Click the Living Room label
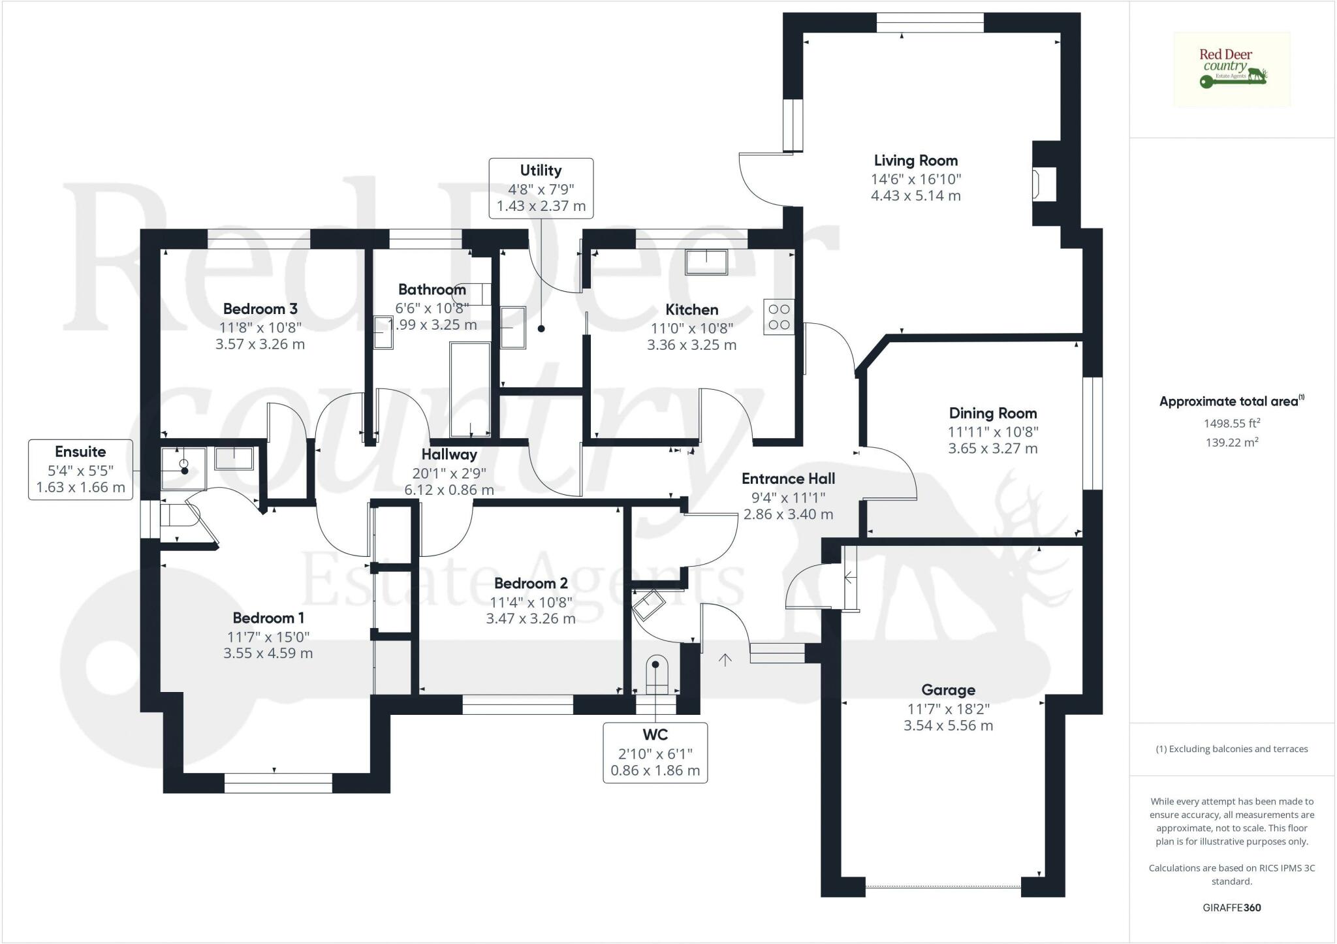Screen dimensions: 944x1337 [915, 161]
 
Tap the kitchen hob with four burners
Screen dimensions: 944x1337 [779, 317]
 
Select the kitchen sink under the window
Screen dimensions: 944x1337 [706, 262]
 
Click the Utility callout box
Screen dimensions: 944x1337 [541, 188]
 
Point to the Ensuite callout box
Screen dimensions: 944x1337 [80, 469]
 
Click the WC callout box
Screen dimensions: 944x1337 [655, 752]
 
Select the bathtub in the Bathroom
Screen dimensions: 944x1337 [470, 389]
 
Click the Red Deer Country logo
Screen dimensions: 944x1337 [1231, 69]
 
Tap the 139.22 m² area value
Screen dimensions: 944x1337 [1231, 442]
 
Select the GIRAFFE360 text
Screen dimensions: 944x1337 [1231, 907]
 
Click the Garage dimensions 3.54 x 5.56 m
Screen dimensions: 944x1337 [948, 725]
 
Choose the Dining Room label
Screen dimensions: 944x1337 [992, 413]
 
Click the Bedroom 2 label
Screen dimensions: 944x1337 [531, 583]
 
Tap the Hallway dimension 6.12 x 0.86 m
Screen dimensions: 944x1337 [449, 490]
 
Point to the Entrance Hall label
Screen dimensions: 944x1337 [788, 479]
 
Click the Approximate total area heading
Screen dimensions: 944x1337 [1230, 401]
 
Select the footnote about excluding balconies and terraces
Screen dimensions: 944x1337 [1231, 749]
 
